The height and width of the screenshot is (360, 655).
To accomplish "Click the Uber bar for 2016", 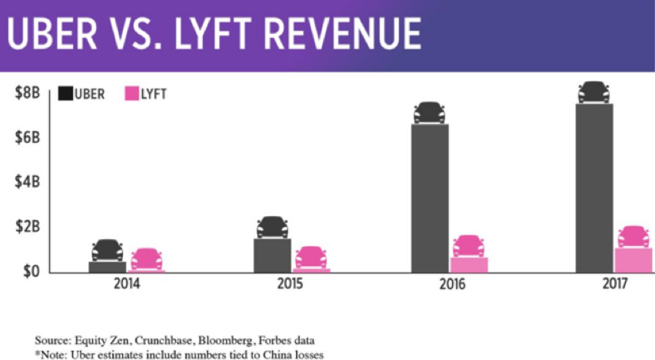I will coord(430,198).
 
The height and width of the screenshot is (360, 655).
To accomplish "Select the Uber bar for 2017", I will coord(594,188).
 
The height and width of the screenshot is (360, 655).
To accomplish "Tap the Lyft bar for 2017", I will coord(633,259).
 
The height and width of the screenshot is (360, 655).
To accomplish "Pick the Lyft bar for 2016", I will coord(469,264).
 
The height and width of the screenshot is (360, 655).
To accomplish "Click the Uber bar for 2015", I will coord(272,255).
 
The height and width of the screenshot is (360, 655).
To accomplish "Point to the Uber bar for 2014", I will coord(107,266).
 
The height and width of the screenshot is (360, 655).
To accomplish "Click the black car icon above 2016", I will coord(430,112).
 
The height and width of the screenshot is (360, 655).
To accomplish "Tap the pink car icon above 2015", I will coord(311,257).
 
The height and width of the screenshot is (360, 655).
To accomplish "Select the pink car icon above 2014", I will coord(146,258).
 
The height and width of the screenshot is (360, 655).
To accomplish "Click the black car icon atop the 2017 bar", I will coord(594,92).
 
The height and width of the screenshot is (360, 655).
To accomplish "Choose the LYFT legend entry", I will coord(146,95).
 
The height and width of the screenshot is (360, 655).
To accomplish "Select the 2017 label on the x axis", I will coord(615,285).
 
